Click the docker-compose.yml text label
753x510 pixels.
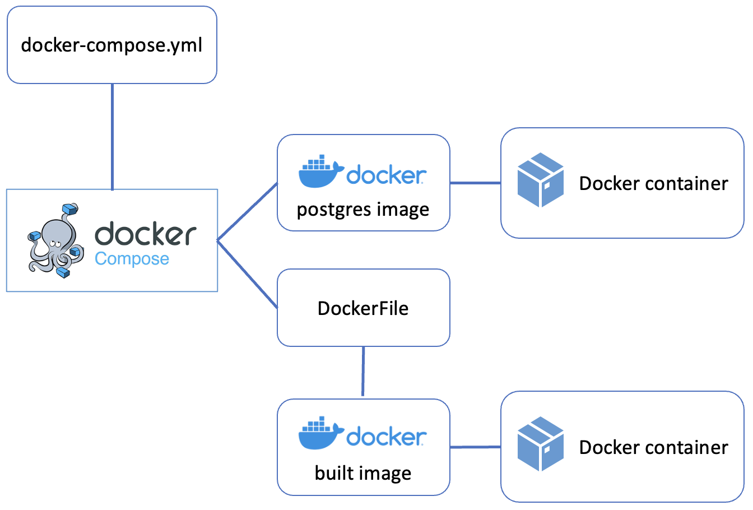click(x=111, y=45)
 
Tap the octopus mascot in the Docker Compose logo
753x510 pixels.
click(x=53, y=241)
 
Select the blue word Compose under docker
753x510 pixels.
click(x=132, y=259)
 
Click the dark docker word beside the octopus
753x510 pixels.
click(x=146, y=234)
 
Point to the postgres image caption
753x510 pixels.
click(x=363, y=210)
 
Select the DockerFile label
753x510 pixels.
click(x=363, y=308)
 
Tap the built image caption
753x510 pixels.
click(x=363, y=473)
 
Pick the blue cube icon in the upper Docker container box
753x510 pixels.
click(x=540, y=180)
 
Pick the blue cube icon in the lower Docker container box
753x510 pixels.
click(x=540, y=443)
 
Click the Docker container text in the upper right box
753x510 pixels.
click(x=653, y=183)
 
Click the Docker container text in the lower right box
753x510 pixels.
click(x=653, y=447)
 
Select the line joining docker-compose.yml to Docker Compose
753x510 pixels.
click(x=113, y=137)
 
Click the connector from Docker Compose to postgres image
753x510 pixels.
click(x=247, y=212)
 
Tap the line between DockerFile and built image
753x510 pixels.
click(x=363, y=372)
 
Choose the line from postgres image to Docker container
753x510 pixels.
click(x=475, y=183)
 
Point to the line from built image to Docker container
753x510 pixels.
click(x=475, y=447)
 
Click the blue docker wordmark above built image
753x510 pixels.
click(x=386, y=437)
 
